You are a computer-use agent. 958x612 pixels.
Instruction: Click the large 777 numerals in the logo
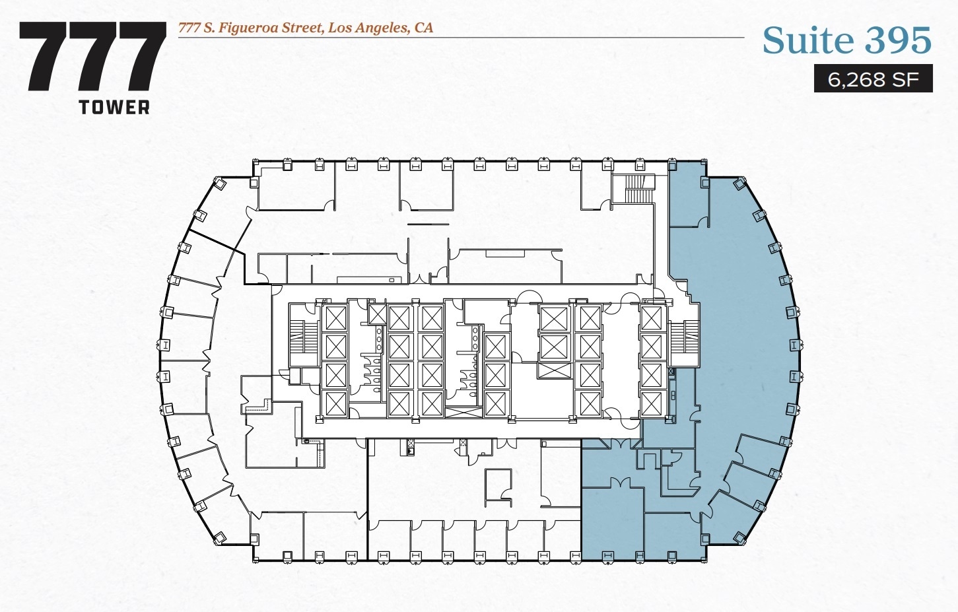tap(92, 57)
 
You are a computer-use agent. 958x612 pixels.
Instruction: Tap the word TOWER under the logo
tap(114, 108)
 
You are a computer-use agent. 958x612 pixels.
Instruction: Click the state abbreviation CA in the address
tap(423, 28)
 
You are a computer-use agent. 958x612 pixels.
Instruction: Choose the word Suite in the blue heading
tap(808, 41)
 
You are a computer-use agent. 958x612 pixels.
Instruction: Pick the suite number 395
tap(898, 41)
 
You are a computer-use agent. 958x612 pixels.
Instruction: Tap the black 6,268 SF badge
tap(873, 79)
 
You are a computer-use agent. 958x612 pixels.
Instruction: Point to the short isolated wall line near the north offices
tap(428, 224)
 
